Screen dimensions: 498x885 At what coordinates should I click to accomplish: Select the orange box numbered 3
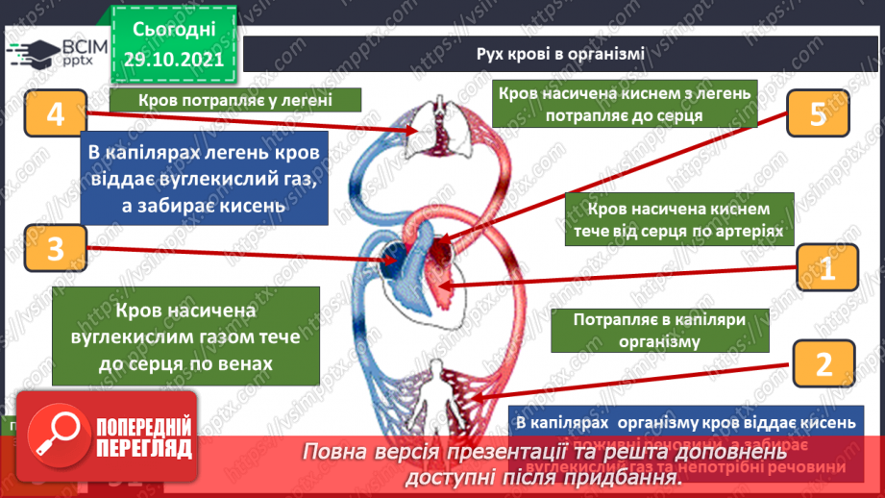[54, 250]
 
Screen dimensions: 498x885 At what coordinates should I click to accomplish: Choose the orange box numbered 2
[822, 364]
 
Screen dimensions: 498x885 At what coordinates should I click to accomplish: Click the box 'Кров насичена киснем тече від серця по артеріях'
[680, 219]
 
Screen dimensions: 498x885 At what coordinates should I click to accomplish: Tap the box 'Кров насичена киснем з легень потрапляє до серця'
[624, 104]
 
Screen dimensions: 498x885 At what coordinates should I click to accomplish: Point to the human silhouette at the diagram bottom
[438, 381]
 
